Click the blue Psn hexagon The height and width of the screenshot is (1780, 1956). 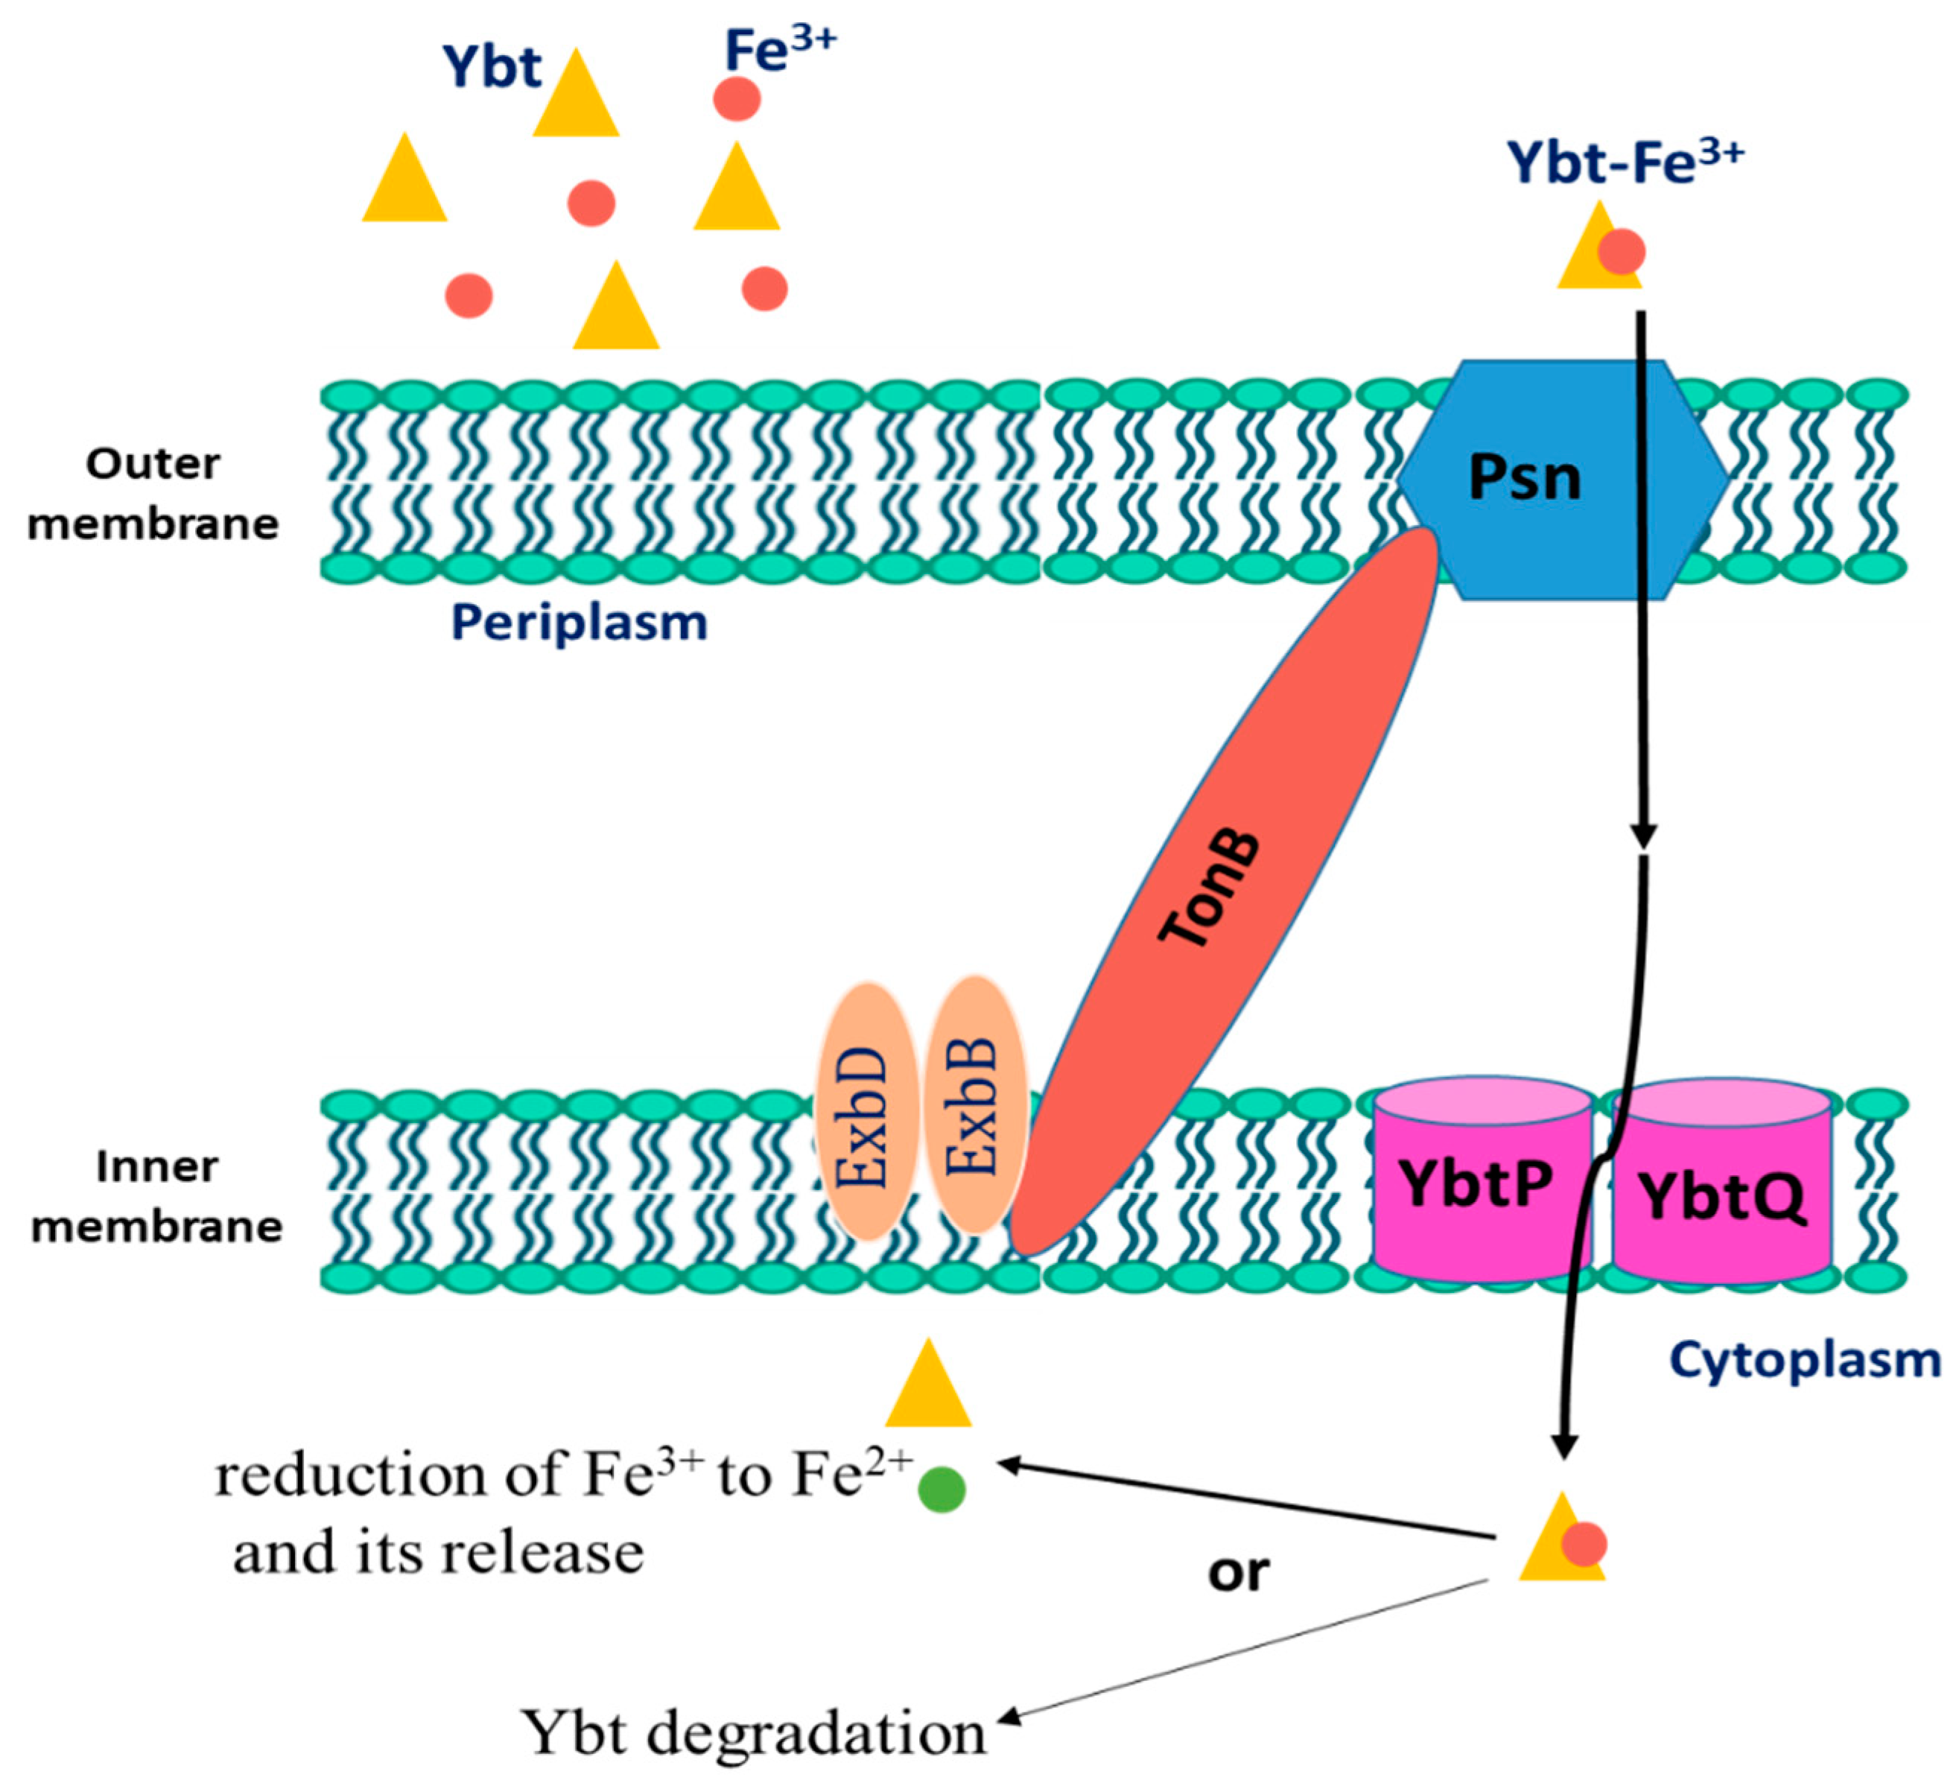pos(1562,480)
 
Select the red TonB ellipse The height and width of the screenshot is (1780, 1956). pos(1224,891)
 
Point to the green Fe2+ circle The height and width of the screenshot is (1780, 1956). pos(942,1489)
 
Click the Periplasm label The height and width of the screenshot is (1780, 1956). pos(580,623)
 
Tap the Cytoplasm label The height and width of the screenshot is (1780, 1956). pos(1805,1359)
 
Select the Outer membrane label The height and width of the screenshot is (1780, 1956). pos(153,494)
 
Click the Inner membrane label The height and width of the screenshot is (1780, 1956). pos(156,1196)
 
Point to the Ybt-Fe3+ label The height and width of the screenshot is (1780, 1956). pos(1625,161)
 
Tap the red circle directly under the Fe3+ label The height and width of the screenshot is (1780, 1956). pos(737,99)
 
